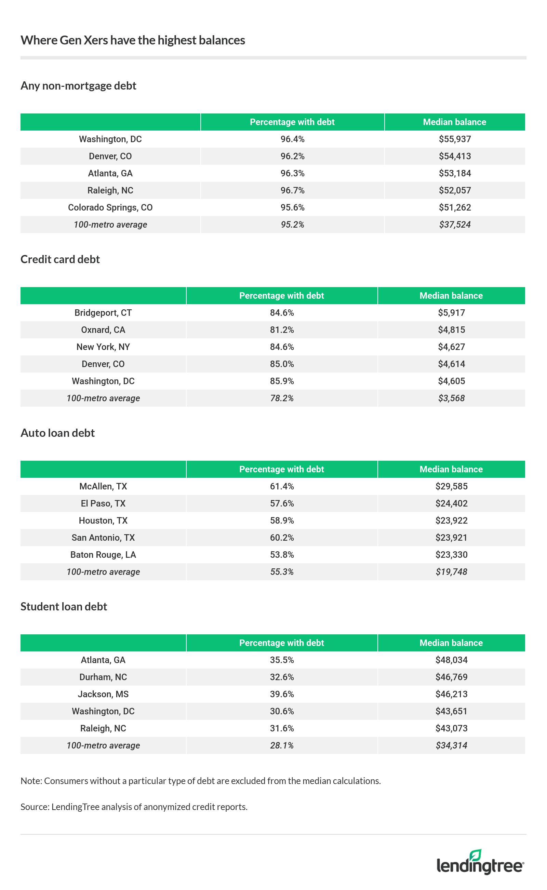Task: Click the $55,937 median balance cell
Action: pyautogui.click(x=454, y=139)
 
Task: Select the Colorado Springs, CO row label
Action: pyautogui.click(x=110, y=207)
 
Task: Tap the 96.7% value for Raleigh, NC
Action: pyautogui.click(x=292, y=191)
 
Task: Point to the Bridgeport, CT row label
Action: pyautogui.click(x=103, y=313)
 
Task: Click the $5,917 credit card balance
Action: pyautogui.click(x=451, y=313)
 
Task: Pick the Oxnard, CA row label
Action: pyautogui.click(x=103, y=330)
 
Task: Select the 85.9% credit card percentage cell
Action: pyautogui.click(x=281, y=381)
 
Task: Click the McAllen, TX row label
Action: pyautogui.click(x=103, y=486)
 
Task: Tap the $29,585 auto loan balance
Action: pyautogui.click(x=451, y=486)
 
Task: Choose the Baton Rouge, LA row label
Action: pyautogui.click(x=103, y=555)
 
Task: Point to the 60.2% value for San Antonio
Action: pyautogui.click(x=281, y=538)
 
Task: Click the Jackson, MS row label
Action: pyautogui.click(x=103, y=694)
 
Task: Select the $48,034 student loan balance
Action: pyautogui.click(x=451, y=660)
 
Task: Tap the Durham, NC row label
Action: pyautogui.click(x=103, y=677)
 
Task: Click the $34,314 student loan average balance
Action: pyautogui.click(x=451, y=745)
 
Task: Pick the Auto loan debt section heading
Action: pyautogui.click(x=57, y=433)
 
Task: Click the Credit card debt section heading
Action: pyautogui.click(x=60, y=259)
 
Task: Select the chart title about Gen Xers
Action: pyautogui.click(x=133, y=40)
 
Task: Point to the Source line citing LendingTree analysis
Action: pyautogui.click(x=134, y=807)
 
